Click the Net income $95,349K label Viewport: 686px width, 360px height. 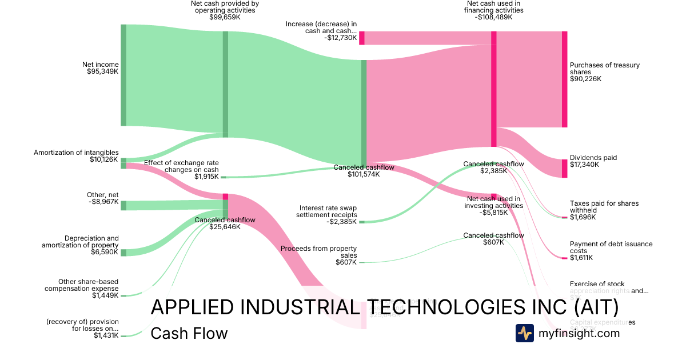[x=102, y=68]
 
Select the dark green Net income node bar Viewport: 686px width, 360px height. [x=123, y=75]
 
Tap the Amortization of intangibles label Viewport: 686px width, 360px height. [x=76, y=156]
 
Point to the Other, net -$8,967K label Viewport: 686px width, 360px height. [x=102, y=198]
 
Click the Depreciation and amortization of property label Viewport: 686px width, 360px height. [x=80, y=245]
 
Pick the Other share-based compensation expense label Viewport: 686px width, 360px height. [x=82, y=288]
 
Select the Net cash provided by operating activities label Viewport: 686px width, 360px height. [x=225, y=10]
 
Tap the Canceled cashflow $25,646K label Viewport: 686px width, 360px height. [x=225, y=223]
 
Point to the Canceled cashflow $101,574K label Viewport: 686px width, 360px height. [x=364, y=171]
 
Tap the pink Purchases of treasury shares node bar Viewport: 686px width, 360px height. [x=564, y=79]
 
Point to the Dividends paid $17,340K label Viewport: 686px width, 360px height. [x=593, y=161]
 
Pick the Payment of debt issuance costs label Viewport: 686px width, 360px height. [x=611, y=250]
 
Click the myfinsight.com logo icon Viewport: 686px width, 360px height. [x=524, y=333]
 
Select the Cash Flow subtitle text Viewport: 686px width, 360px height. [x=189, y=333]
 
